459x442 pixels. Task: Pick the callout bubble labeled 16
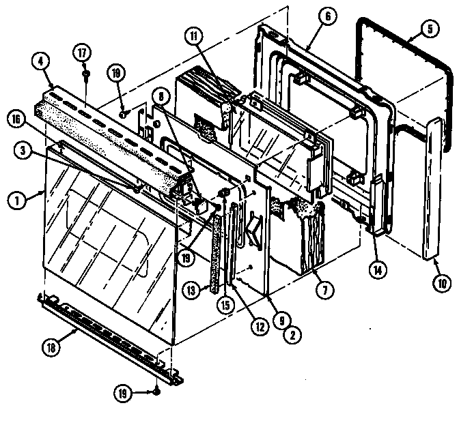(x=16, y=117)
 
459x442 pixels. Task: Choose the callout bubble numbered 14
(x=374, y=267)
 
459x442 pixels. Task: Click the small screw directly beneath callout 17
(x=87, y=71)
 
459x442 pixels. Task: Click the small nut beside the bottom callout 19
(x=157, y=392)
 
